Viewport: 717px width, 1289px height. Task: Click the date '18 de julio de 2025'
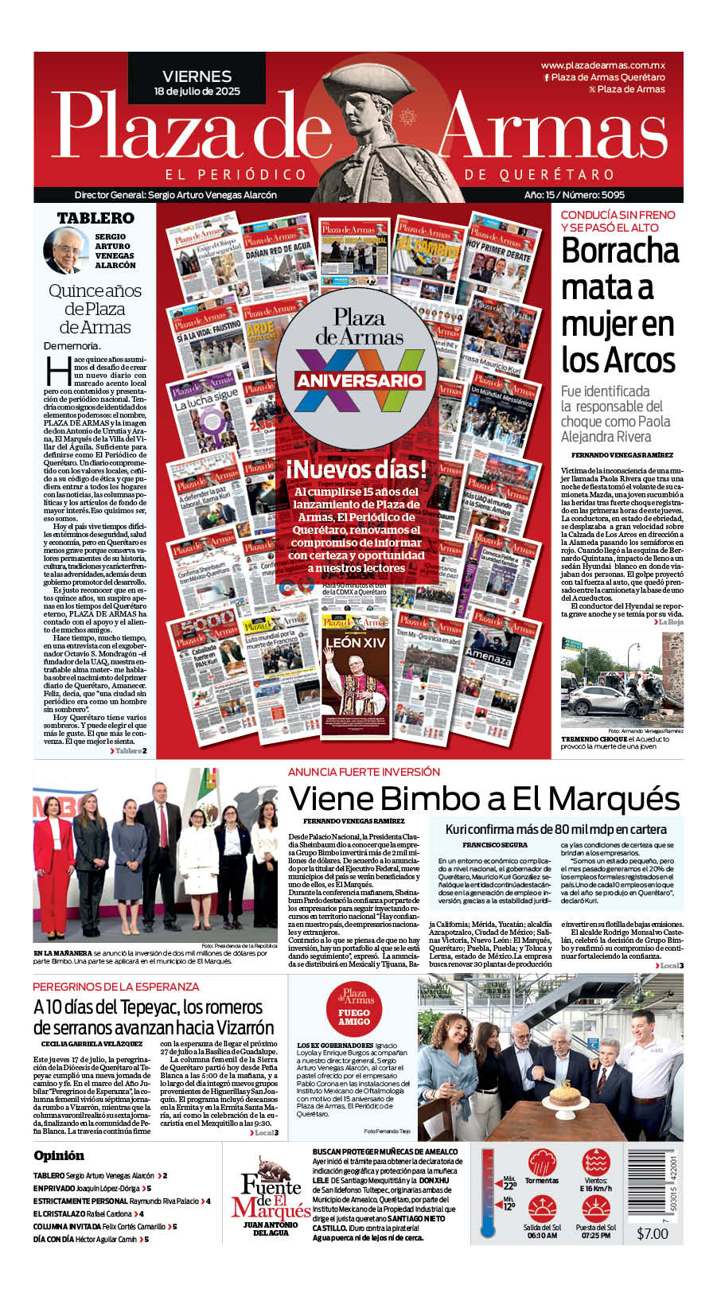pyautogui.click(x=197, y=92)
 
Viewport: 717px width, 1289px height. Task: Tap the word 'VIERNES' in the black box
pyautogui.click(x=197, y=76)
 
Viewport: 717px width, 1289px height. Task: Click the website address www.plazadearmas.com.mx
pyautogui.click(x=602, y=65)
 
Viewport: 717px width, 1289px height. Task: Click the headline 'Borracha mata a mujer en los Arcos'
pyautogui.click(x=619, y=306)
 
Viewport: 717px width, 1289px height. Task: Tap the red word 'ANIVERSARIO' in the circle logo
pyautogui.click(x=358, y=380)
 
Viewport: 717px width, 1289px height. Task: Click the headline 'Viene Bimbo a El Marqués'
pyautogui.click(x=484, y=798)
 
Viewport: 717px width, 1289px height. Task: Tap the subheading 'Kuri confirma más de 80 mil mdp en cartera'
pyautogui.click(x=555, y=829)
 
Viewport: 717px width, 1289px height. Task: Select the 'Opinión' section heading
pyautogui.click(x=59, y=1155)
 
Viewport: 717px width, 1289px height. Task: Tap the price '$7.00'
pyautogui.click(x=653, y=1233)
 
